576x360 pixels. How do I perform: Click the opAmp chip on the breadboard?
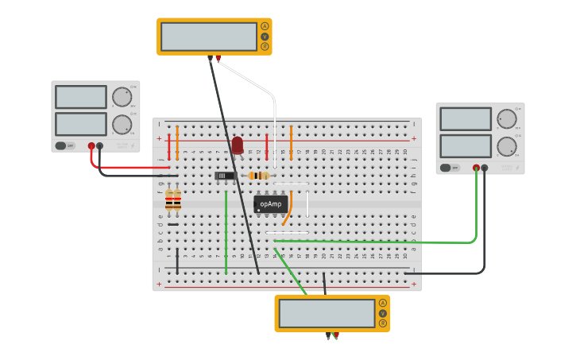point(270,204)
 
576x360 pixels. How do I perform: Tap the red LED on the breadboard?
point(237,145)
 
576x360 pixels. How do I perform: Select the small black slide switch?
point(225,176)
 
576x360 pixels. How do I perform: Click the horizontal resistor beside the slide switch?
point(258,176)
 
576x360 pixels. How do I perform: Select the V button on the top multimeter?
point(265,37)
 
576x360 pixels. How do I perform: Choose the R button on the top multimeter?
point(265,47)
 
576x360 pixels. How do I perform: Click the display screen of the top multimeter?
point(209,37)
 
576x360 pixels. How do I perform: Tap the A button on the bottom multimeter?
point(383,303)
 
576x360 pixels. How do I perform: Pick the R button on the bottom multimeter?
point(383,323)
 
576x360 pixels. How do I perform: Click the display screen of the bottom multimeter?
point(327,313)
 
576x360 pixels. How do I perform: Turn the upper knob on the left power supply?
point(121,97)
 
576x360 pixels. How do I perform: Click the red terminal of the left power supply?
point(91,146)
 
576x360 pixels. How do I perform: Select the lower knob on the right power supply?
point(506,146)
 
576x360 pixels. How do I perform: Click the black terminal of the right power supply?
point(484,168)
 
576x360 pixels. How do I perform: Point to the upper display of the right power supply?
point(466,119)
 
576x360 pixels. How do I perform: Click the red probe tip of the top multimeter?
point(218,58)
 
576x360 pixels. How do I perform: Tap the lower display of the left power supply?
point(81,124)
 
